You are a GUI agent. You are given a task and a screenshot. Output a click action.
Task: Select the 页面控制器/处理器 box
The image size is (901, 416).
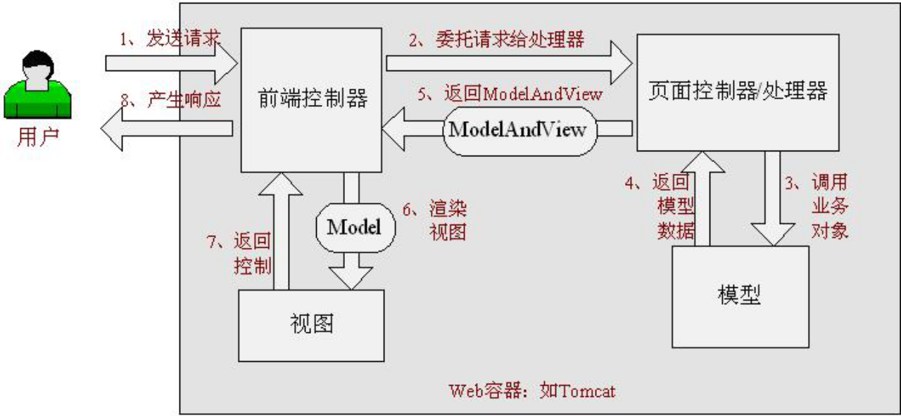(x=738, y=92)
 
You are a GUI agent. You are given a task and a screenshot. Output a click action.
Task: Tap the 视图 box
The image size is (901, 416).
(x=311, y=324)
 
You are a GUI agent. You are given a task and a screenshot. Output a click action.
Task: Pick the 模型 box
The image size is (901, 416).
(x=739, y=296)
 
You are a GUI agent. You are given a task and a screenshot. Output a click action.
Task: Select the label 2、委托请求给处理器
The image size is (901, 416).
(x=497, y=39)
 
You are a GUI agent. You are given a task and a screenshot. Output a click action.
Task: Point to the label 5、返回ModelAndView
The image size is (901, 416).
(x=510, y=94)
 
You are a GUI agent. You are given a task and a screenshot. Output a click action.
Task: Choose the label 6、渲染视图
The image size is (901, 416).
(x=437, y=220)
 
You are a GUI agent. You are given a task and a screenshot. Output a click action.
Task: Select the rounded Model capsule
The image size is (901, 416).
(x=354, y=227)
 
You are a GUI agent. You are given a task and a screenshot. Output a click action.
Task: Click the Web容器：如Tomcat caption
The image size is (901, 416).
(x=532, y=391)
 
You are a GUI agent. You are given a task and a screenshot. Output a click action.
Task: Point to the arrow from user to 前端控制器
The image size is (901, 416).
(x=172, y=65)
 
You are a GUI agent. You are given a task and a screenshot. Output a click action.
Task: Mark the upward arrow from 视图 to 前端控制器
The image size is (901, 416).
(x=281, y=232)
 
